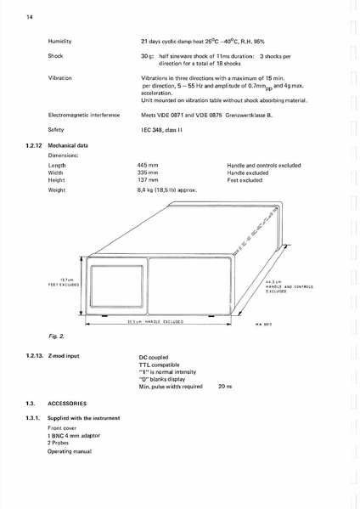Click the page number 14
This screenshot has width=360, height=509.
pyautogui.click(x=30, y=16)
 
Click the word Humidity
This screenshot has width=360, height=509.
pyautogui.click(x=59, y=41)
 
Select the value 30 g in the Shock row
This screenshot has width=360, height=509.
pyautogui.click(x=146, y=56)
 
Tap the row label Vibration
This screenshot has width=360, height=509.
pyautogui.click(x=60, y=77)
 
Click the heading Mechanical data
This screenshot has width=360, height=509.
pyautogui.click(x=68, y=145)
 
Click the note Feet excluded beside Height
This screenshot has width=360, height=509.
pyautogui.click(x=245, y=179)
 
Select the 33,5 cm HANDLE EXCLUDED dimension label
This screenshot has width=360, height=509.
pyautogui.click(x=154, y=323)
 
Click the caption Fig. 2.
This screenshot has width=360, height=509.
pyautogui.click(x=54, y=337)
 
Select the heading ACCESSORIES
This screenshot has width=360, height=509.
pyautogui.click(x=68, y=403)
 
